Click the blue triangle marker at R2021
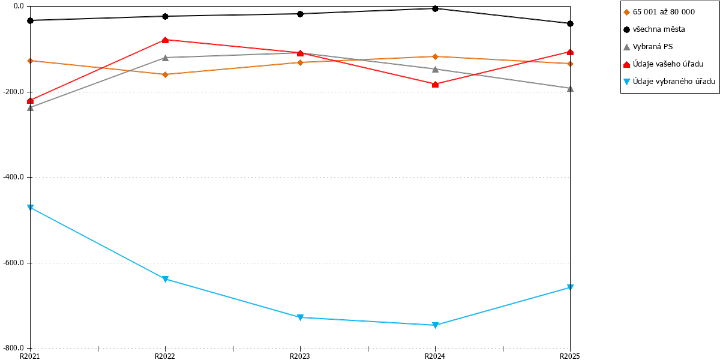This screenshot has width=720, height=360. tap(30, 208)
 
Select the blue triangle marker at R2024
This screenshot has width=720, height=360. tap(435, 325)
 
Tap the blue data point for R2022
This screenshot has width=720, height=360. tap(165, 279)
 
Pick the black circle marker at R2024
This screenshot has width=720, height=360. tap(435, 8)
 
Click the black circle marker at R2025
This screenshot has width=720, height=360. tap(570, 24)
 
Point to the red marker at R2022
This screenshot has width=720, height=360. tap(165, 40)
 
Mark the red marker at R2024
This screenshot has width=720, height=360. tap(435, 84)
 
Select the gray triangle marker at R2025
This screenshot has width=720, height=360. tap(570, 88)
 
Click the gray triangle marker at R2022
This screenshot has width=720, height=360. tap(165, 58)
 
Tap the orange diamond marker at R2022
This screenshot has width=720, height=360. tap(165, 74)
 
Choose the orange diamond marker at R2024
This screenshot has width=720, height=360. tap(435, 56)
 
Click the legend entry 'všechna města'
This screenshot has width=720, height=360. tap(654, 29)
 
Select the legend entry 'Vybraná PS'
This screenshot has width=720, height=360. tap(648, 47)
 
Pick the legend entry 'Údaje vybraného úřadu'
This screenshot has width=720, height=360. tap(669, 82)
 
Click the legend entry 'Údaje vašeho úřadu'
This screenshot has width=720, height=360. tap(663, 64)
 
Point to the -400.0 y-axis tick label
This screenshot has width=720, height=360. tap(13, 177)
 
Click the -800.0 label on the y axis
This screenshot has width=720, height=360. tap(13, 348)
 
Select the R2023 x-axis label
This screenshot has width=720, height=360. tap(300, 356)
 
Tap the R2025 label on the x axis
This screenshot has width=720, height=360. tap(570, 356)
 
